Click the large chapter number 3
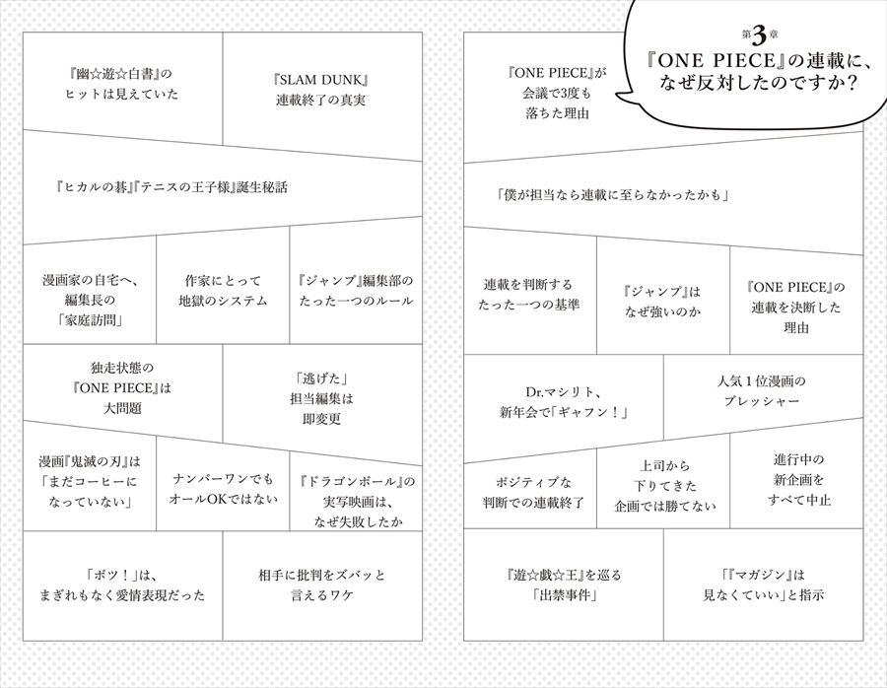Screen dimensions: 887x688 pyautogui.click(x=759, y=35)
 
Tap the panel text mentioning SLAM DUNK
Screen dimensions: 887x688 pyautogui.click(x=320, y=90)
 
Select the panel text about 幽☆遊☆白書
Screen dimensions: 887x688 pyautogui.click(x=121, y=83)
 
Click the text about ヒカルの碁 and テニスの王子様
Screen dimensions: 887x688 pyautogui.click(x=171, y=186)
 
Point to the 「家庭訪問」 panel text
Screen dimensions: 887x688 pyautogui.click(x=90, y=300)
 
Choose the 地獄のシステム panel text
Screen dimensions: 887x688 pyautogui.click(x=223, y=290)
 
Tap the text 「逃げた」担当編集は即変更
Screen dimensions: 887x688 pyautogui.click(x=321, y=398)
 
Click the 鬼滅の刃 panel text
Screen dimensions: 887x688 pyautogui.click(x=90, y=481)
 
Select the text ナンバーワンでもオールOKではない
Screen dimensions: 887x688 pyautogui.click(x=223, y=489)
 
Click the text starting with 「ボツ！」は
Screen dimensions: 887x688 pyautogui.click(x=121, y=585)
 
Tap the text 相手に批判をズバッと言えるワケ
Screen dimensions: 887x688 pyautogui.click(x=321, y=585)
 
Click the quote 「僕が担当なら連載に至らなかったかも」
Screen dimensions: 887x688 pyautogui.click(x=613, y=195)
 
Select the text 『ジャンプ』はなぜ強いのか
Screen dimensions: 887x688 pyautogui.click(x=662, y=301)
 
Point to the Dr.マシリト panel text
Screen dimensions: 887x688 pyautogui.click(x=564, y=402)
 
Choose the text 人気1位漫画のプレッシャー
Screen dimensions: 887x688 pyautogui.click(x=762, y=391)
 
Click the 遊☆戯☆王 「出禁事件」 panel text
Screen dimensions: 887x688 pyautogui.click(x=564, y=585)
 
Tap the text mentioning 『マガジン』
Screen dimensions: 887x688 pyautogui.click(x=763, y=585)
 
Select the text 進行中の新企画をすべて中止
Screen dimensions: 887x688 pyautogui.click(x=798, y=480)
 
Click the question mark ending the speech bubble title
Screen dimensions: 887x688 pyautogui.click(x=848, y=82)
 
